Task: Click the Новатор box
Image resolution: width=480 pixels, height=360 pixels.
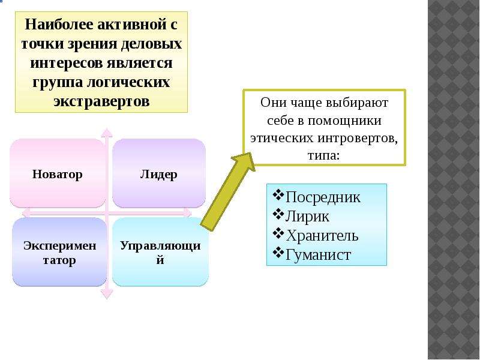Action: point(58,173)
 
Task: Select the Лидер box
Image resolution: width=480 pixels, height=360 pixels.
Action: point(159,173)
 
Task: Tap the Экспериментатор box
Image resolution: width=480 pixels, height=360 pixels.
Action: point(59,252)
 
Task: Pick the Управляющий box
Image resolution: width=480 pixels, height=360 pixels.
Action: point(160,252)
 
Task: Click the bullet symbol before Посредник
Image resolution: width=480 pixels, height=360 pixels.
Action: point(278,195)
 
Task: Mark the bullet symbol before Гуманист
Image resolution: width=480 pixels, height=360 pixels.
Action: point(278,253)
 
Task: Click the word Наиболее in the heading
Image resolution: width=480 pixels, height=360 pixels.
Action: point(59,24)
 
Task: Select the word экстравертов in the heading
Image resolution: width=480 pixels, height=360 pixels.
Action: point(101,101)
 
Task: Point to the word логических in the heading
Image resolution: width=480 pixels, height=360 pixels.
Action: point(128,82)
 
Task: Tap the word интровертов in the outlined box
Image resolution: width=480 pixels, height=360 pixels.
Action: point(358,138)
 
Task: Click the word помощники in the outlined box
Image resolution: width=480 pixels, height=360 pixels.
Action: point(344,121)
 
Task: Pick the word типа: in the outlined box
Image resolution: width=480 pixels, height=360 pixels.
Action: point(324,155)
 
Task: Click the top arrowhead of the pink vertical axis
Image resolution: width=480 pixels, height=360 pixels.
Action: point(107,132)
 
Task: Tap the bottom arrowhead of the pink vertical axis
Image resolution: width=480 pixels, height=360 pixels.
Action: point(107,294)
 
